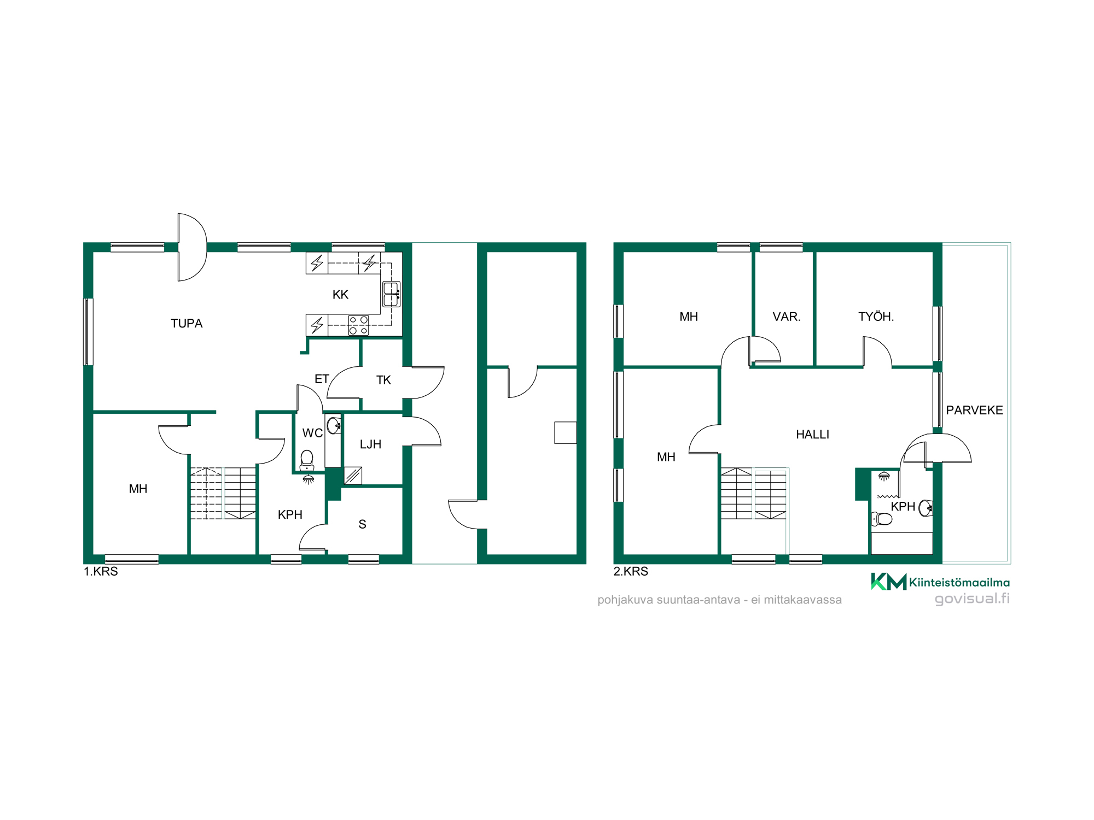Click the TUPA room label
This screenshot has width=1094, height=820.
click(187, 324)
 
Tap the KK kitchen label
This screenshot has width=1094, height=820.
click(340, 295)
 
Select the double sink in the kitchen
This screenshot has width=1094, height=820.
click(392, 294)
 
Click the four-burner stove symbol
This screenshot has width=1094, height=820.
click(359, 325)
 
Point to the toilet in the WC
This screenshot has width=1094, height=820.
click(307, 460)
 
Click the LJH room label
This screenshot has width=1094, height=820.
click(370, 444)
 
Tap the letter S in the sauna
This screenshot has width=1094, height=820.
click(362, 524)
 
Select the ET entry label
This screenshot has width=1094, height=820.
click(322, 379)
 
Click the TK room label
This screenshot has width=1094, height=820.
click(383, 380)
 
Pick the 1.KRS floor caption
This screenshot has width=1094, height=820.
click(101, 571)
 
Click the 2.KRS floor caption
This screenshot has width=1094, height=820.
click(631, 571)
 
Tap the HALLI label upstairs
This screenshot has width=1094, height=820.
click(812, 435)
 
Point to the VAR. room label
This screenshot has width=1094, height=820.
click(786, 317)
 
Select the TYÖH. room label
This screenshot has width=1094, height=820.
click(876, 317)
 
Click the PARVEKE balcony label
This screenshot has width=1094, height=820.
click(974, 410)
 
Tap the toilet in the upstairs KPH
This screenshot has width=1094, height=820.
click(882, 519)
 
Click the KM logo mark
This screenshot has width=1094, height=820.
click(888, 582)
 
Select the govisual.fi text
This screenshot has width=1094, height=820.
click(972, 599)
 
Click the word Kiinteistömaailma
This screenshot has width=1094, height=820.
click(959, 583)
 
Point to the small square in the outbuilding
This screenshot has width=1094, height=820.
click(566, 432)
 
